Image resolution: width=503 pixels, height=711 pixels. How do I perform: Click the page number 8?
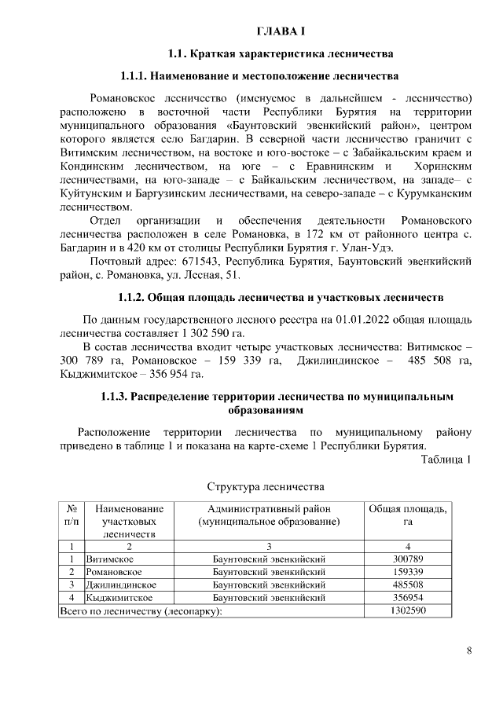468,651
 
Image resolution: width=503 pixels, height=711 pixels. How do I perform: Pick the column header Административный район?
269,509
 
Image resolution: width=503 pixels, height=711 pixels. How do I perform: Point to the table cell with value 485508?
408,585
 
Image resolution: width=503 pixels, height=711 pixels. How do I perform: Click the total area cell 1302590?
408,610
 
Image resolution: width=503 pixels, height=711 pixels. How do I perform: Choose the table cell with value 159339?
408,572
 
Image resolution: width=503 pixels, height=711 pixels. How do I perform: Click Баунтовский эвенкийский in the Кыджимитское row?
269,598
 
